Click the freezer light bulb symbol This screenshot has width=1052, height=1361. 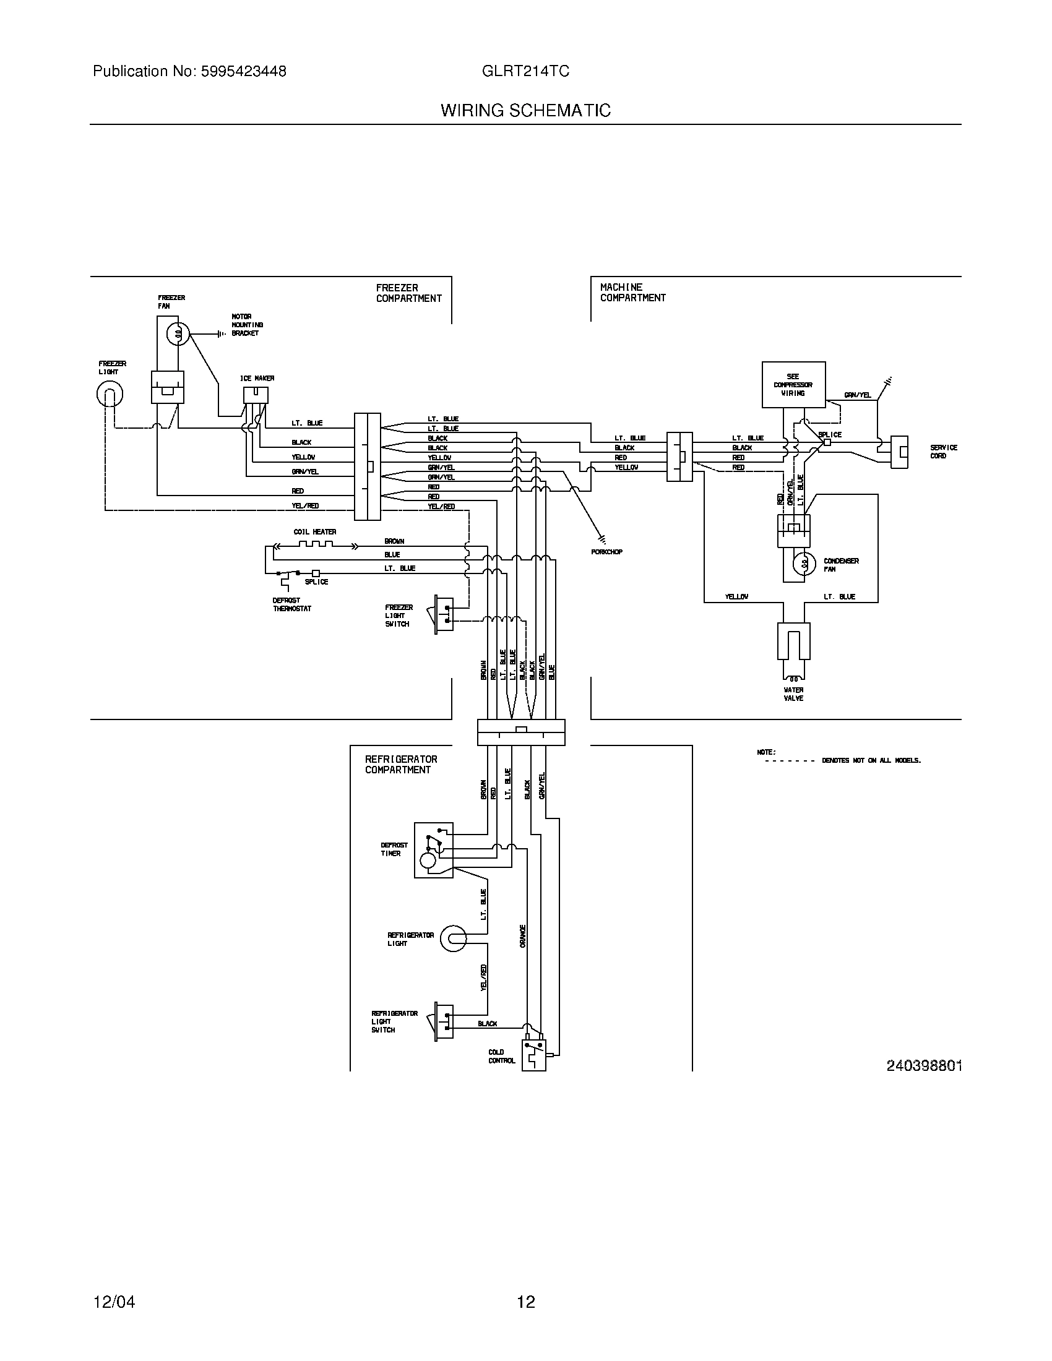point(109,394)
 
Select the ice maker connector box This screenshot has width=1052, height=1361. point(256,395)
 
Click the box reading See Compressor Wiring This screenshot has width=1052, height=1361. point(793,385)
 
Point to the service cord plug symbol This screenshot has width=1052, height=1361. point(899,452)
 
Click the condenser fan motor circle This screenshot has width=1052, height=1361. point(804,564)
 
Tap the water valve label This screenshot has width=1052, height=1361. point(793,694)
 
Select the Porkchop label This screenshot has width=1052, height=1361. point(606,552)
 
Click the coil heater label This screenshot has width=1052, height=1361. point(315,532)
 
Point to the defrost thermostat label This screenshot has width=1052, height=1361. point(291,604)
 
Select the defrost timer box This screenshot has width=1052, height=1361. point(433,850)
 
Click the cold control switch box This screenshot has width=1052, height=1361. point(533,1055)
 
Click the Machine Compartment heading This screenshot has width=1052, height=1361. point(632,292)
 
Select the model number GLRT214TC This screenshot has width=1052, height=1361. point(525,72)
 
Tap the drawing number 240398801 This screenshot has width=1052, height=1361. point(924,1067)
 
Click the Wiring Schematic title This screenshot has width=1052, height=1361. point(525,111)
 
